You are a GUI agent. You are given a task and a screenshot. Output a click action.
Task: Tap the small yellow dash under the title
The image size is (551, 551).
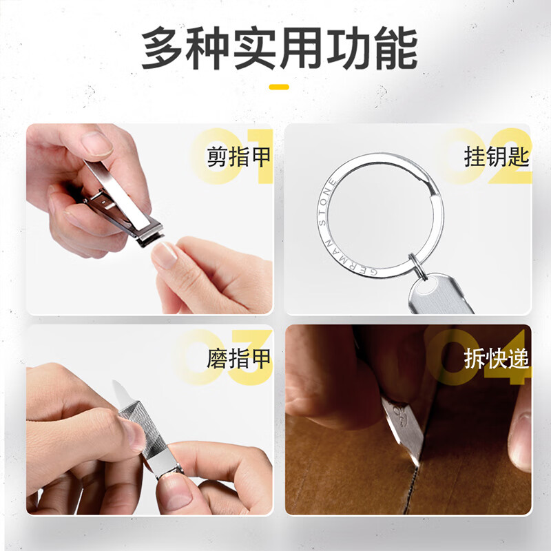tap(278, 87)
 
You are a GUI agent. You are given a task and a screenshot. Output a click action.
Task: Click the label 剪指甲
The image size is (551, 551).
tap(238, 158)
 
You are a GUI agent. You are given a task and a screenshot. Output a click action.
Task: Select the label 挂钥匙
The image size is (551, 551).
tap(496, 158)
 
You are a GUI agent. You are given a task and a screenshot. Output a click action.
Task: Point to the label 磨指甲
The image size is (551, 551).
tap(238, 359)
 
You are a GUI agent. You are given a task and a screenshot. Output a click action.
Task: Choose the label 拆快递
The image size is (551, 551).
tap(496, 359)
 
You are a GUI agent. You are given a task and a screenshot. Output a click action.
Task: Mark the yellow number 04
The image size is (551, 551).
tap(482, 358)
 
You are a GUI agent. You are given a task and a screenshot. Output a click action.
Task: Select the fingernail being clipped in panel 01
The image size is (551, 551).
tap(165, 253)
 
